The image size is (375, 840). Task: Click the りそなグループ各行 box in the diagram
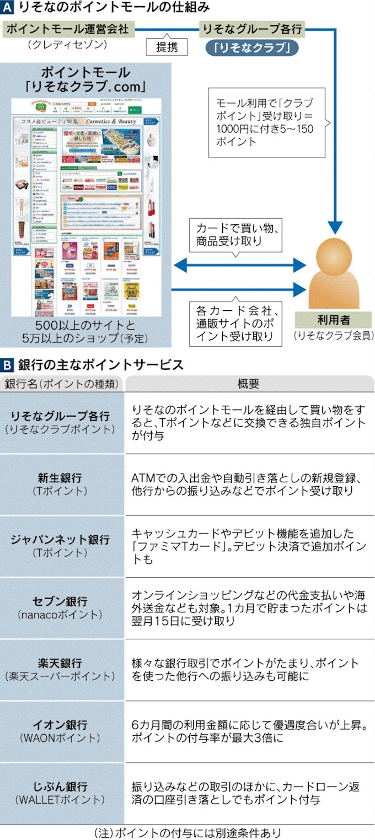(x=253, y=29)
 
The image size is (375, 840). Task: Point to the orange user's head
(x=333, y=254)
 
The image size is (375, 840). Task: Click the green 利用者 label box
(x=333, y=319)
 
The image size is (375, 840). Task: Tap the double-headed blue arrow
(x=239, y=266)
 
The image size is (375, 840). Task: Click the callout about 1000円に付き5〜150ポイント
(x=266, y=122)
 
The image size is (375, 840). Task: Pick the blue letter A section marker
(x=8, y=8)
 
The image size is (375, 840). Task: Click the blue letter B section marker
(x=8, y=365)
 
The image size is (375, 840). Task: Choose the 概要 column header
(x=249, y=384)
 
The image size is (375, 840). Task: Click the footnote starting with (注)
(x=187, y=832)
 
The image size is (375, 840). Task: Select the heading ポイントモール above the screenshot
(x=86, y=73)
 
